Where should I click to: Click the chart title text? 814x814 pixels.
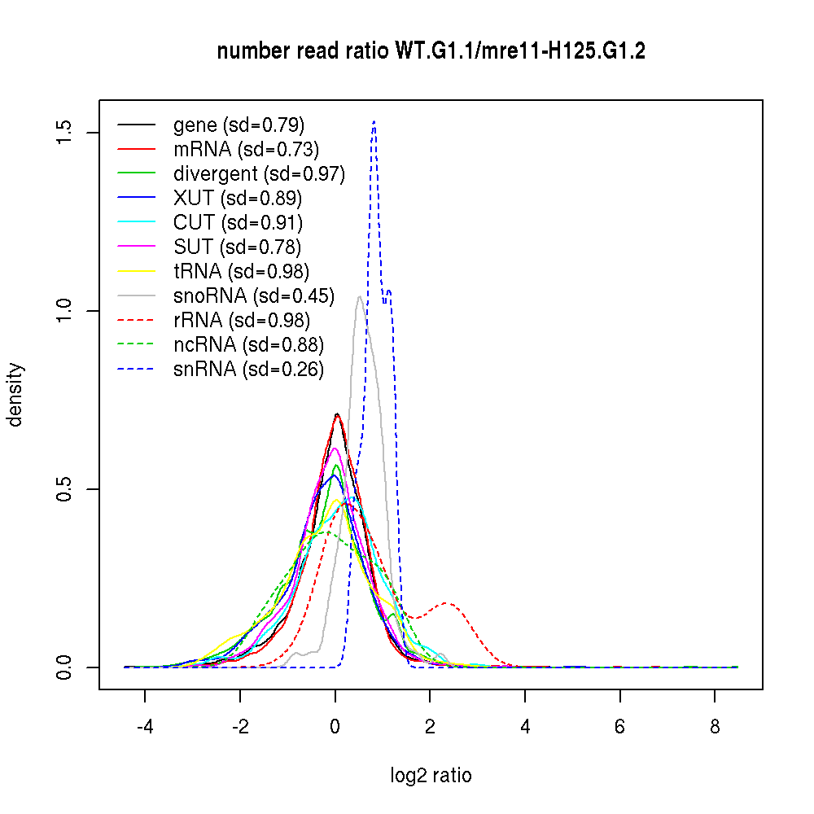pos(431,51)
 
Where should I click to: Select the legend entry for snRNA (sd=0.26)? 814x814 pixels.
pos(248,370)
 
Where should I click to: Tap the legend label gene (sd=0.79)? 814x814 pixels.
pos(239,125)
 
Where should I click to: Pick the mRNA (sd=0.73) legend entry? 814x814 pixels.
pos(246,150)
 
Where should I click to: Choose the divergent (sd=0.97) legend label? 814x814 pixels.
pos(259,174)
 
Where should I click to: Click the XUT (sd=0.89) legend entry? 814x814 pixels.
pos(238,199)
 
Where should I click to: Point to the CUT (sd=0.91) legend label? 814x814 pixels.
pos(238,223)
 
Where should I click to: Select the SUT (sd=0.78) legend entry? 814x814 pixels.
pos(238,247)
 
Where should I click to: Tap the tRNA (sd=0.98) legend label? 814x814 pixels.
pos(241,272)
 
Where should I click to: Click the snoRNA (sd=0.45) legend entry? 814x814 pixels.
pos(254,296)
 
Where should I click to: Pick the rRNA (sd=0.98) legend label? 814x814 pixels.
pos(241,321)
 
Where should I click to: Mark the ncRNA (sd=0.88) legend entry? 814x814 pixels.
pos(248,345)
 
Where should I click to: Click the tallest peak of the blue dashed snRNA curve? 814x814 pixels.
pos(374,121)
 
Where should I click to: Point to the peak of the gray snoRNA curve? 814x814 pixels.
pos(359,297)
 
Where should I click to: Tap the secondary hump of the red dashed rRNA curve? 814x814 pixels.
pos(447,603)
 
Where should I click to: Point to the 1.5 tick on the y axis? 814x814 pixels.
pos(65,132)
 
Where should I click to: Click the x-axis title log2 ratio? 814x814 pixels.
pos(431,776)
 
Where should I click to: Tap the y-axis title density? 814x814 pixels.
pos(16,394)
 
